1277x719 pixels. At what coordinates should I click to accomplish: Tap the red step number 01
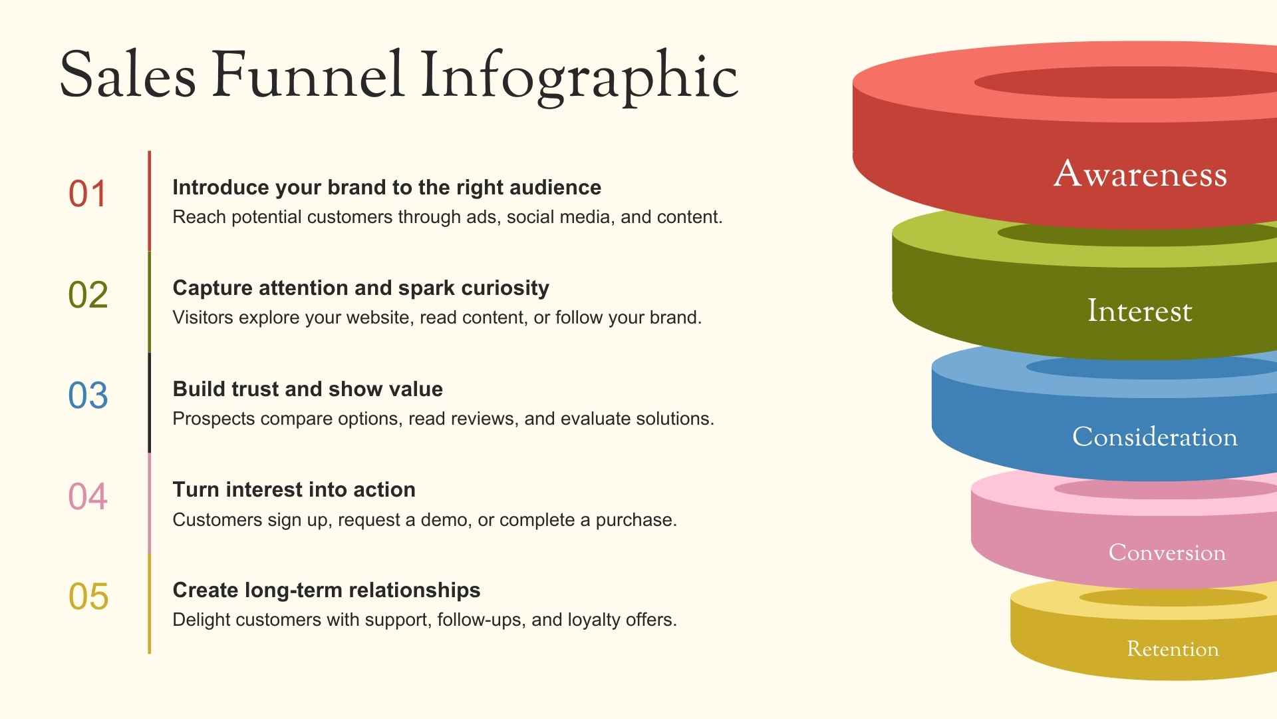click(88, 194)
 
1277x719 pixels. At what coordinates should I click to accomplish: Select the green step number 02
click(88, 295)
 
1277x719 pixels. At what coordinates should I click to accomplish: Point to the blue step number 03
click(88, 395)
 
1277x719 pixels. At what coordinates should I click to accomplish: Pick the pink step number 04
click(88, 497)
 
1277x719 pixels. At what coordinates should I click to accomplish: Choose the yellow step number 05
click(88, 597)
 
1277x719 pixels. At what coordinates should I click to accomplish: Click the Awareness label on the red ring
click(1140, 174)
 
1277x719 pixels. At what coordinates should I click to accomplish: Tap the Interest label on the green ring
click(1139, 311)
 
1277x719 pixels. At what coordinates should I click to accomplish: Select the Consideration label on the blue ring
click(1155, 437)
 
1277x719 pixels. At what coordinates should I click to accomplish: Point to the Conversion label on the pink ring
click(1167, 553)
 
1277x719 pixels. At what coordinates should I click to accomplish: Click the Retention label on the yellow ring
click(1173, 649)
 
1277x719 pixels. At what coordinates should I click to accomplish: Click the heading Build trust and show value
click(307, 389)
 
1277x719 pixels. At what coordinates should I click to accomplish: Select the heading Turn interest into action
click(294, 490)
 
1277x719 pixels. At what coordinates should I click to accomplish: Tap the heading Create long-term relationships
click(326, 590)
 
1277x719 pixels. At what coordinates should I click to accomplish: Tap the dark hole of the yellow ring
click(1173, 597)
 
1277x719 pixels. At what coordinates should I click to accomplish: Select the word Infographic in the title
click(579, 76)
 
